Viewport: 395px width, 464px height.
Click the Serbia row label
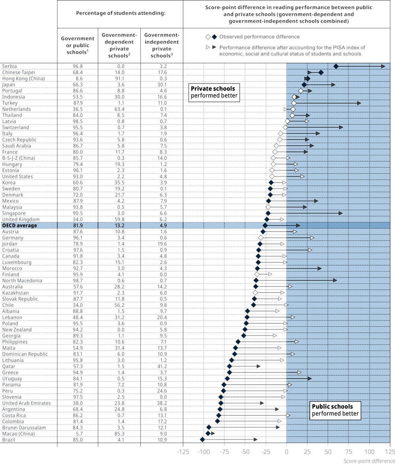9,66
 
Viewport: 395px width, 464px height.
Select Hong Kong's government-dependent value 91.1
119,78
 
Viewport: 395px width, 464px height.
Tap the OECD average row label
19,225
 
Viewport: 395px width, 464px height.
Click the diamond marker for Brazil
202,440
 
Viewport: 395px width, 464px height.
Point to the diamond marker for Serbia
336,66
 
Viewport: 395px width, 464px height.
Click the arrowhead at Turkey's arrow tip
359,103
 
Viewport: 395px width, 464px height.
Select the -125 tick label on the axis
183,452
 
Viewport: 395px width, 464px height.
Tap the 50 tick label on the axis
328,452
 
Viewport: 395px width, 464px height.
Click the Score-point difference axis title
369,461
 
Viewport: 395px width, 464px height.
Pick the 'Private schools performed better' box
214,92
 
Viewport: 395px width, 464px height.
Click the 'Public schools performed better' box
335,410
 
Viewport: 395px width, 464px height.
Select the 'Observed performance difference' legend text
260,37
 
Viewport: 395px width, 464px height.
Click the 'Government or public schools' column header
77,45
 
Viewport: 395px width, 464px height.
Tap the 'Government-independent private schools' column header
162,45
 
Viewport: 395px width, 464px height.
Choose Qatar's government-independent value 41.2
162,366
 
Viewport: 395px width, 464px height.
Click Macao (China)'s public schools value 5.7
78,434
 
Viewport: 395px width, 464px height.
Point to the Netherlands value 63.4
119,109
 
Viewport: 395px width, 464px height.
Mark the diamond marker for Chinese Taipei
321,72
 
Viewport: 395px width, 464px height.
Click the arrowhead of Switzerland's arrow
341,127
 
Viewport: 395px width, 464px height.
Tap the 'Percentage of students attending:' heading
121,13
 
